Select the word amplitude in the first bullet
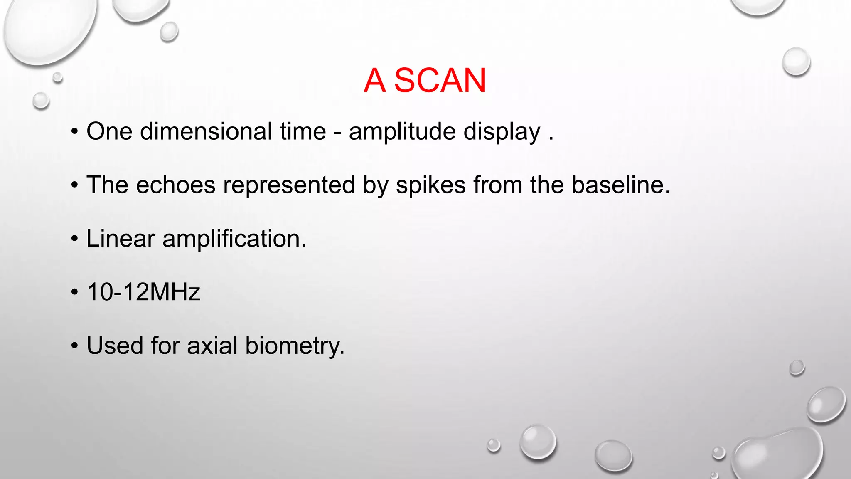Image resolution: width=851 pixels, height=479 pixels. (402, 131)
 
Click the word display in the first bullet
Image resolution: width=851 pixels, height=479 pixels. (502, 132)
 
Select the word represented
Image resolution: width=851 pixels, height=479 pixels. (289, 185)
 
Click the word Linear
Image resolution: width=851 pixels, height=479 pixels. (121, 239)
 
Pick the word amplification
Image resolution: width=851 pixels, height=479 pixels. (234, 239)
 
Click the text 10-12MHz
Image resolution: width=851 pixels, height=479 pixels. (143, 292)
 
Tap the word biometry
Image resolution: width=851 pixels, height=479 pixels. (295, 346)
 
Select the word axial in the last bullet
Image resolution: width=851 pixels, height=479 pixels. (212, 346)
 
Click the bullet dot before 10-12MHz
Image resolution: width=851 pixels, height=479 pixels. (74, 292)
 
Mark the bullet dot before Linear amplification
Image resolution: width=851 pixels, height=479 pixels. (74, 239)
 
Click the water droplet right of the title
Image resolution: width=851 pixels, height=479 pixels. (796, 62)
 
